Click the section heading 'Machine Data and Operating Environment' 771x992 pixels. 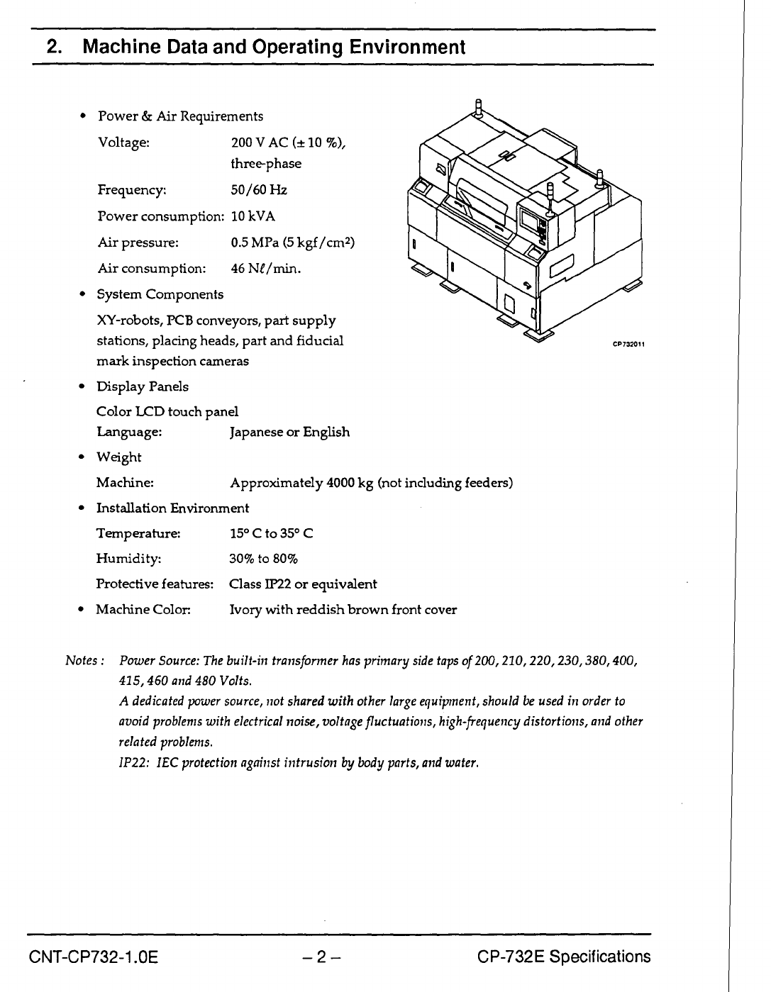pyautogui.click(x=274, y=48)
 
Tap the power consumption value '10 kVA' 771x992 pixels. pyautogui.click(x=253, y=216)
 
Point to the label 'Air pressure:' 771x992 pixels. pyautogui.click(x=138, y=243)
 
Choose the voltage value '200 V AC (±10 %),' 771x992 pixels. pyautogui.click(x=289, y=143)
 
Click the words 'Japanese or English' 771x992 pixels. pyautogui.click(x=290, y=432)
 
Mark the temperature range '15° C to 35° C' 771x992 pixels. pyautogui.click(x=272, y=533)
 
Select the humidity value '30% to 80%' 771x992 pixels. pyautogui.click(x=264, y=559)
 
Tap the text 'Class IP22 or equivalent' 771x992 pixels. pyautogui.click(x=303, y=584)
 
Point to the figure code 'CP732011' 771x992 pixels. pyautogui.click(x=628, y=345)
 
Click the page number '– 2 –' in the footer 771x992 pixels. pyautogui.click(x=321, y=957)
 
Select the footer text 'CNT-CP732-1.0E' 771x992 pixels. pyautogui.click(x=93, y=957)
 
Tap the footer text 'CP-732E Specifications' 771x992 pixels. pyautogui.click(x=564, y=957)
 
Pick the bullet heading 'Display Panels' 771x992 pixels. pyautogui.click(x=143, y=386)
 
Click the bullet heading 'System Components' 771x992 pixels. pyautogui.click(x=160, y=294)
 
